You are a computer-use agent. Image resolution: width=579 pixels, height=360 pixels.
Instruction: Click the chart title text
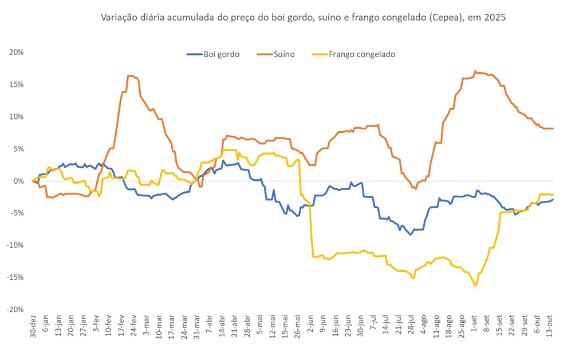pos(303,18)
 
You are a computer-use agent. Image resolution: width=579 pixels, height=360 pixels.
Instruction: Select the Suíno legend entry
pos(284,54)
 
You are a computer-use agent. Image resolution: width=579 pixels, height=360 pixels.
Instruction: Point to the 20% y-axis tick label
pos(16,52)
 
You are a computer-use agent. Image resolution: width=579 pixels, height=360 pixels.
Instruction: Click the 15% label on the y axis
pos(16,84)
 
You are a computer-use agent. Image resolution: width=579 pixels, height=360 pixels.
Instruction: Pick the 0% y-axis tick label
pos(18,181)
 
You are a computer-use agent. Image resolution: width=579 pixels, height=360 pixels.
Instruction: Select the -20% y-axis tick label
pos(15,309)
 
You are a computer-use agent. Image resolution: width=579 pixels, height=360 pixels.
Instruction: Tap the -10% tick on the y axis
pos(15,245)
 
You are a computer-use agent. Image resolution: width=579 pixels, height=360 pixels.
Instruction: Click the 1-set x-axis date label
pos(474,325)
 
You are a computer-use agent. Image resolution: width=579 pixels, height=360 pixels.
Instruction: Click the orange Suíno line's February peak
pos(131,76)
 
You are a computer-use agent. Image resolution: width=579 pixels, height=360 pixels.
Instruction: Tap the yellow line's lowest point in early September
pos(475,285)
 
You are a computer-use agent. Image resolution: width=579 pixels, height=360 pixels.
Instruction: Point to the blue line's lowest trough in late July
pos(410,235)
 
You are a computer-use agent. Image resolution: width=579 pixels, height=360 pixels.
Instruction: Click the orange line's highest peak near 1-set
pos(475,72)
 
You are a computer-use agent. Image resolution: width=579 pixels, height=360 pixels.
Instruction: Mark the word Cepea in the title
pos(426,18)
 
